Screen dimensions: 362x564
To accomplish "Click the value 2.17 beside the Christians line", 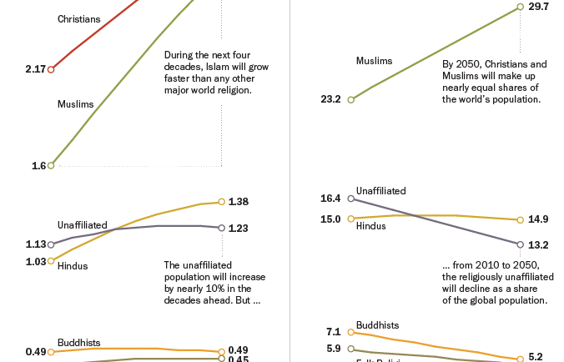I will coord(37,69).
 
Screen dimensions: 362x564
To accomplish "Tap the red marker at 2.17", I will coord(51,69).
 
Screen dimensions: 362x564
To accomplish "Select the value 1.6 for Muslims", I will coord(38,166).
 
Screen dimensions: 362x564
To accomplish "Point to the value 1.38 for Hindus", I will coord(239,202).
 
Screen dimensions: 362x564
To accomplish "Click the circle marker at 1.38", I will coord(221,201).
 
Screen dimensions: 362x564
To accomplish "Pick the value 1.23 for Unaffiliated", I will coord(239,228).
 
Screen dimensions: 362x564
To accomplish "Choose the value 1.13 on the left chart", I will coord(36,244).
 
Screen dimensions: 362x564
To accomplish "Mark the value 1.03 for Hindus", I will coord(36,261).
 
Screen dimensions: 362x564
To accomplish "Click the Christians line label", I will coord(79,18).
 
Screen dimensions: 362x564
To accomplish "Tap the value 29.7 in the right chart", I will coord(539,7).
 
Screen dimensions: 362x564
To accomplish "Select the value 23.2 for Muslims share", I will coord(330,99).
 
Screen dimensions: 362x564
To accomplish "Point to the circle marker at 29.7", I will coord(520,7).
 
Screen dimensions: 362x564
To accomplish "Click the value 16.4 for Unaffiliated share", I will coord(330,199).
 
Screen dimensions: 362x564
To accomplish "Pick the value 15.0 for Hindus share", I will coord(330,219).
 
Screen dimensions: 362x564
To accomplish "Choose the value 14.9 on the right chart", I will coord(538,220).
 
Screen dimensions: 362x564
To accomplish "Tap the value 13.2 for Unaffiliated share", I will coord(538,245).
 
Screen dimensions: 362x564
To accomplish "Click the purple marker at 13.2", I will coord(520,244).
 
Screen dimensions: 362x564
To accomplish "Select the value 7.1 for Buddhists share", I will coord(334,332).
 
